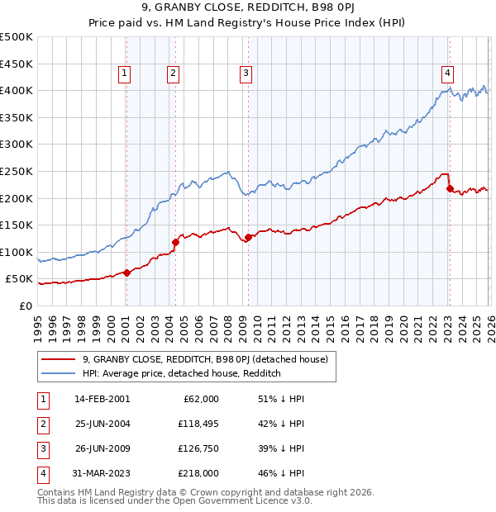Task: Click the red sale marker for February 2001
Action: (126, 273)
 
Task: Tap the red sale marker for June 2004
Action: (176, 242)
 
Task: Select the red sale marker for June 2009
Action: (248, 238)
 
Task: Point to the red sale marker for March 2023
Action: (450, 188)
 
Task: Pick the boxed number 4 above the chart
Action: (447, 72)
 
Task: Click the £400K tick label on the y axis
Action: (17, 90)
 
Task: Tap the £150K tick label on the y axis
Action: (17, 225)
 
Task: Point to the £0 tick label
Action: (25, 306)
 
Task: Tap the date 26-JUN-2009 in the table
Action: (103, 450)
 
